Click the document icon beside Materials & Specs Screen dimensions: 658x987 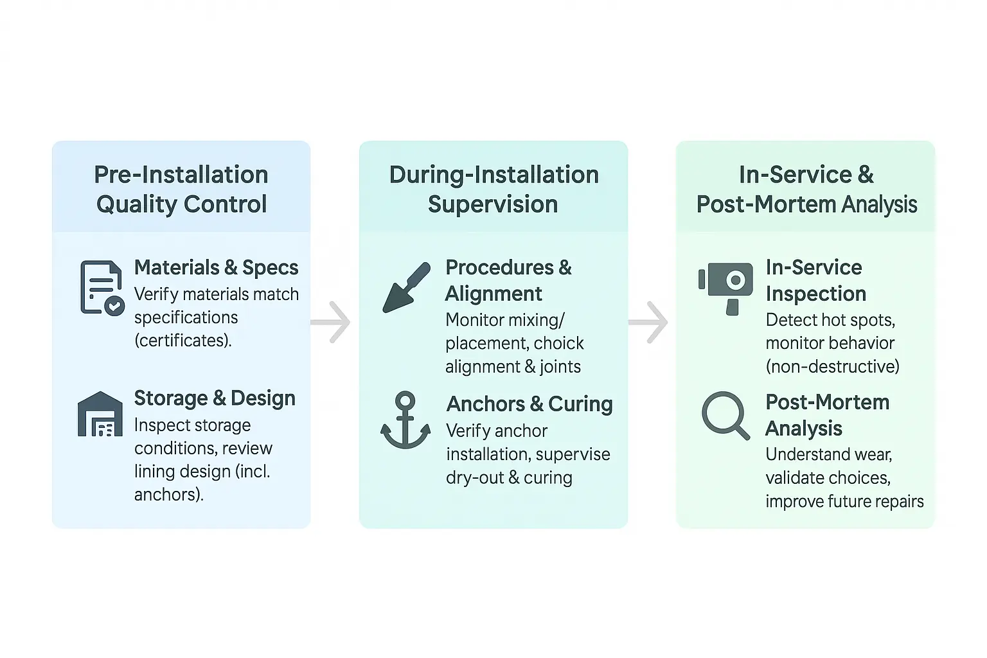101,287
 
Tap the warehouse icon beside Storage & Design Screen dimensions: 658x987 100,414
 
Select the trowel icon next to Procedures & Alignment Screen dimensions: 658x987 406,287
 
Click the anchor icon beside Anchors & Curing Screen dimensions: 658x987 405,420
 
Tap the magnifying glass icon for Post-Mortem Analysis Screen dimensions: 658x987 725,415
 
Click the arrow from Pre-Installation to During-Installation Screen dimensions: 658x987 332,321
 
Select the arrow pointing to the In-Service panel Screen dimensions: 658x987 649,321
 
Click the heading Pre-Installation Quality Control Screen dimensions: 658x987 181,189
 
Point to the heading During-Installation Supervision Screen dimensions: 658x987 493,189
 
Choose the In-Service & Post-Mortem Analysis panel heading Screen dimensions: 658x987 806,189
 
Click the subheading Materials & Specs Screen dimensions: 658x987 216,267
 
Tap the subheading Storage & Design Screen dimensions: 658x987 215,398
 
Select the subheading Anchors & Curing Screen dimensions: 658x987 529,404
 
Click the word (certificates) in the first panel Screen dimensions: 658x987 183,341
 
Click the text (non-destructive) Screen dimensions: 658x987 832,366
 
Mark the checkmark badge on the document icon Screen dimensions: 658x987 114,306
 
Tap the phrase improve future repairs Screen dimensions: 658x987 844,501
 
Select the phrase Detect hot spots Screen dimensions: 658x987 830,320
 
